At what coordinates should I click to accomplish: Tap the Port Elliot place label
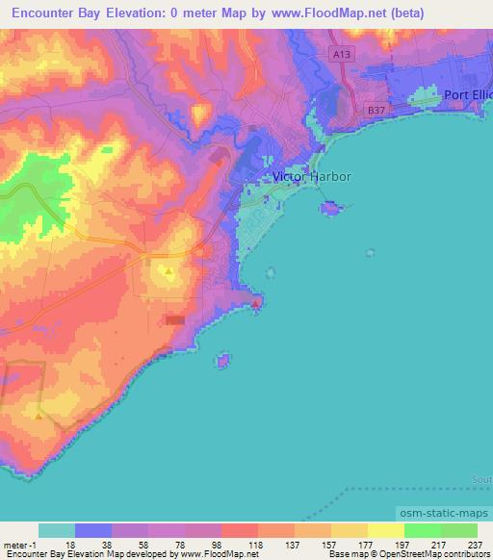[468, 94]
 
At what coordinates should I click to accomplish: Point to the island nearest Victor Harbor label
[331, 208]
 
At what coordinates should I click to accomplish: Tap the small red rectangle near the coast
[175, 320]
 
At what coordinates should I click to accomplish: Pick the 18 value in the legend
[69, 545]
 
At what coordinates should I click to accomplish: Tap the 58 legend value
[143, 545]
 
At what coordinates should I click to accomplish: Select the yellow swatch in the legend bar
[385, 530]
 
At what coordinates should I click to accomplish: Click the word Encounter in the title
[49, 11]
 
